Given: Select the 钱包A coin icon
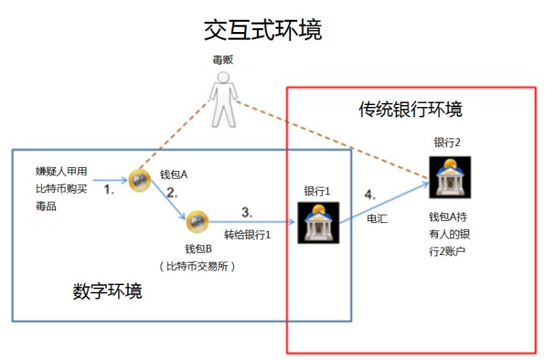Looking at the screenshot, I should click(x=138, y=180).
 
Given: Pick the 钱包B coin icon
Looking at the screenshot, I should click(x=196, y=221).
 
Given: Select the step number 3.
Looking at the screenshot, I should click(x=248, y=211).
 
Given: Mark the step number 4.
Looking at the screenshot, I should click(x=370, y=194).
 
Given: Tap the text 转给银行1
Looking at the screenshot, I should click(x=248, y=235).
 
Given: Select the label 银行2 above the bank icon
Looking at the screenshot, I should click(x=448, y=142).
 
